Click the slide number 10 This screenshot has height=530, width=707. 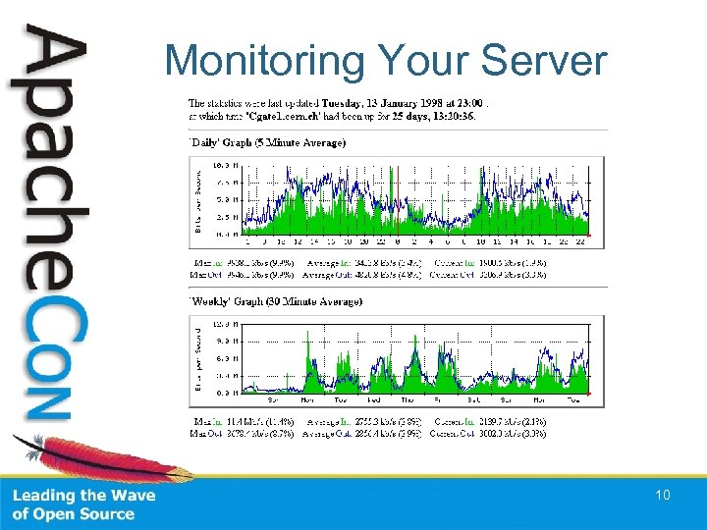663,496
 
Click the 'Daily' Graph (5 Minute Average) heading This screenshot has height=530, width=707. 267,142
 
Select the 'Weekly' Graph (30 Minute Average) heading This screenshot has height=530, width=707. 275,301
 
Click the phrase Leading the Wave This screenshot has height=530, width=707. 83,496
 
